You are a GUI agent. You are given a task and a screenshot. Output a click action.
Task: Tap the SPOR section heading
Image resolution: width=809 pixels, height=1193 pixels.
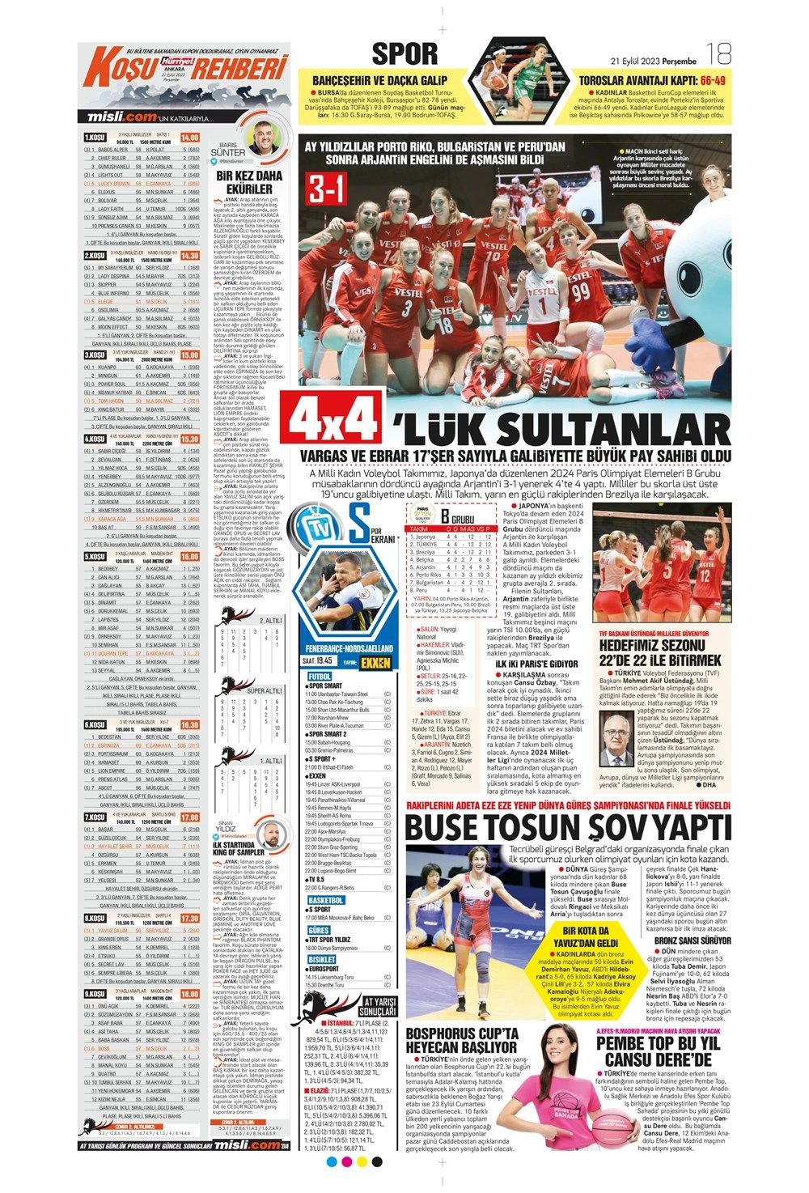coord(404,54)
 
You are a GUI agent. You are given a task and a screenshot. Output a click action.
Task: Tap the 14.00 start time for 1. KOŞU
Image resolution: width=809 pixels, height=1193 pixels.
coord(190,137)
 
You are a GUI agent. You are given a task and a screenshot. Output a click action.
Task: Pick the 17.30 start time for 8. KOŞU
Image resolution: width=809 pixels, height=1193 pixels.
coord(190,896)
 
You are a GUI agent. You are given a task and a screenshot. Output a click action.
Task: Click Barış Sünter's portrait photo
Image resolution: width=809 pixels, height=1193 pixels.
coord(265,135)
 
